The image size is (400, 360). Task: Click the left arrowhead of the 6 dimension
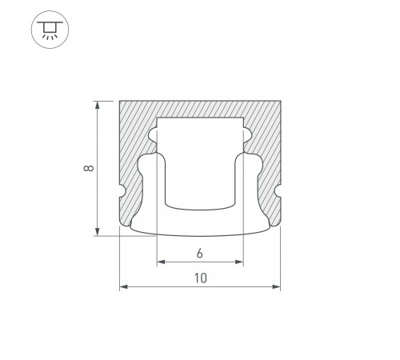tap(160, 262)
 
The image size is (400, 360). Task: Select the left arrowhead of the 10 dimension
tap(123, 287)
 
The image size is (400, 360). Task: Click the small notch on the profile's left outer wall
tap(122, 193)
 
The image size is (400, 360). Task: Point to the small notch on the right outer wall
tap(278, 193)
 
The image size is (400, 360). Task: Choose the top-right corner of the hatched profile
tap(280, 101)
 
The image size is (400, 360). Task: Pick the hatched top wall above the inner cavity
tap(200, 108)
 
